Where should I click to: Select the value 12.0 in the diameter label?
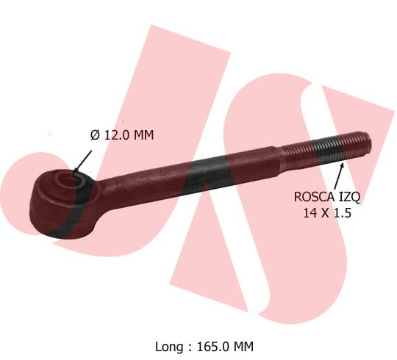click(x=117, y=135)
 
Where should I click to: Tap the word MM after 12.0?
click(x=143, y=135)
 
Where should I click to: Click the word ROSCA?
click(x=314, y=197)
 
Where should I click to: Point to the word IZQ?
click(x=348, y=197)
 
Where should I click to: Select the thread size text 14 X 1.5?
click(x=327, y=213)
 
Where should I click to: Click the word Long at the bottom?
click(x=169, y=347)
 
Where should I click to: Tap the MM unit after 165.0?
click(x=243, y=346)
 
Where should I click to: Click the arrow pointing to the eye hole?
click(x=82, y=161)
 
